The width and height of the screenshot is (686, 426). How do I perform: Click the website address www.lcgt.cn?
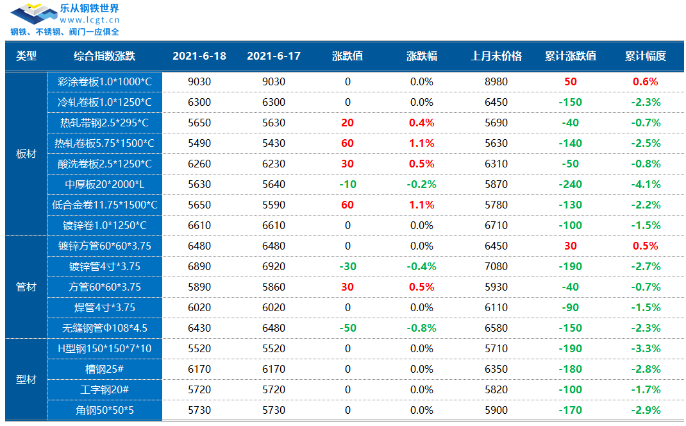tap(90, 20)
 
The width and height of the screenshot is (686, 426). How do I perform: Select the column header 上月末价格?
tap(496, 56)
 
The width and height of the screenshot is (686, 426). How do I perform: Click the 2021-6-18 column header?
tap(199, 56)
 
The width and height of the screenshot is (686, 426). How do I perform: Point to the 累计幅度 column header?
tap(646, 56)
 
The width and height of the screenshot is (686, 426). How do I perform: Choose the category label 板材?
tap(26, 154)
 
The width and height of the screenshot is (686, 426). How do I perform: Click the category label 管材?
tap(26, 287)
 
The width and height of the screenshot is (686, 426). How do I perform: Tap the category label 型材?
tap(26, 379)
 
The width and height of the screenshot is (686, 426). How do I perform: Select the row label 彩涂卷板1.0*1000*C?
tap(105, 82)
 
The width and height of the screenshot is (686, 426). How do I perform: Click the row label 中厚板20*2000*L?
tap(105, 184)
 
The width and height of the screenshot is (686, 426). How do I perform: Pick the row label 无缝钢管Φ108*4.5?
tap(105, 328)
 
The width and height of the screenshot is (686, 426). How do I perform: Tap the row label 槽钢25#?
tap(105, 369)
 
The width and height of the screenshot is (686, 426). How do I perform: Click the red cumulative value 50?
tap(571, 82)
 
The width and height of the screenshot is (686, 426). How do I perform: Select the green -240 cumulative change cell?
tap(571, 184)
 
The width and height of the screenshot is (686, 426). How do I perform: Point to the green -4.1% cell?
tap(646, 184)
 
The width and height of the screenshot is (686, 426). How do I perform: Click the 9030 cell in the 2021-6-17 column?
tap(274, 82)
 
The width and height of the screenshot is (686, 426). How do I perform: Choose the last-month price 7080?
tap(496, 266)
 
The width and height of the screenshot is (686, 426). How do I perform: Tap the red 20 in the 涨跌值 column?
tap(347, 123)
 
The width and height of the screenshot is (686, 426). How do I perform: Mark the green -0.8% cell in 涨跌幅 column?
tap(422, 328)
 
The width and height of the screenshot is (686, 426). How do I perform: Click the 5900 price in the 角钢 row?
tap(496, 410)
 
